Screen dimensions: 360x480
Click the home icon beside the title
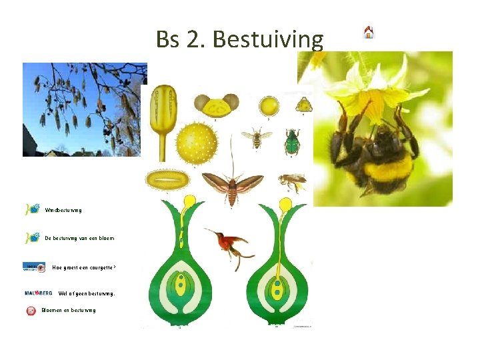click(369, 32)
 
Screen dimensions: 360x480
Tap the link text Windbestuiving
click(64, 210)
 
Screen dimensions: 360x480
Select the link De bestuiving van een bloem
click(79, 238)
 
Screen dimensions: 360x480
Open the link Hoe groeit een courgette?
click(84, 267)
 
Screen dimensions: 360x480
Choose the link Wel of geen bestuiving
click(87, 293)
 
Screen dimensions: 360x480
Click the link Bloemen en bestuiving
click(69, 310)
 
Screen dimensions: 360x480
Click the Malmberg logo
click(38, 293)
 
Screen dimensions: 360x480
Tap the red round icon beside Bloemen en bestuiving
click(31, 310)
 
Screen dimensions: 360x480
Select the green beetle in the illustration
click(291, 141)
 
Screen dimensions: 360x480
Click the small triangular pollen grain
click(303, 104)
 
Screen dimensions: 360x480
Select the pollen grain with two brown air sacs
click(217, 105)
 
